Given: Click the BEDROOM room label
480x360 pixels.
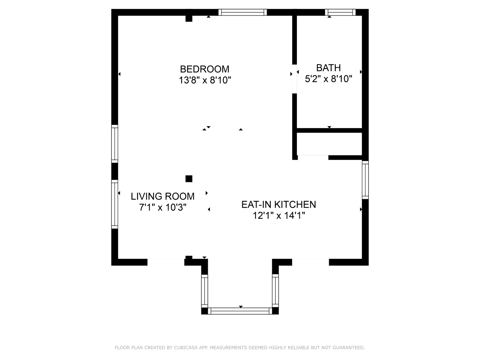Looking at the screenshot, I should (x=204, y=69).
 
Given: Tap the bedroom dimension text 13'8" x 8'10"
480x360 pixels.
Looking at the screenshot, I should (x=205, y=80).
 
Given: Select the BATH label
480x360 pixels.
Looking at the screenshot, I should (x=328, y=68).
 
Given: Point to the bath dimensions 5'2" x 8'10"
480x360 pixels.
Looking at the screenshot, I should (x=328, y=79).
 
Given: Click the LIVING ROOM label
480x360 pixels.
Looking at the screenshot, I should (x=162, y=196).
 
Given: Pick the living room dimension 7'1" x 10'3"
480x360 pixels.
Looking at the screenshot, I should (x=162, y=207).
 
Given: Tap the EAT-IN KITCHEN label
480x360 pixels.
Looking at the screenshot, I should (x=278, y=204).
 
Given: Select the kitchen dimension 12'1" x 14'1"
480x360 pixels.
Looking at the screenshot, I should (x=279, y=216).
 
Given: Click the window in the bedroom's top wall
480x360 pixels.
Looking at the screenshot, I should (x=243, y=12).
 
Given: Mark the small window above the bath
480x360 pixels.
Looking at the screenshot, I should (x=340, y=12).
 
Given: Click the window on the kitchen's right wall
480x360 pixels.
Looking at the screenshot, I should (x=365, y=180).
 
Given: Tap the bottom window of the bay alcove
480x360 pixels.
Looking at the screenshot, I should (x=240, y=311).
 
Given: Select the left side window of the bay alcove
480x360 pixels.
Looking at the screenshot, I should (x=204, y=291).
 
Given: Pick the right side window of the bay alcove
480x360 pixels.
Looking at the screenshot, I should (x=275, y=291).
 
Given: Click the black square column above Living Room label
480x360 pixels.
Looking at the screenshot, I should (x=189, y=179).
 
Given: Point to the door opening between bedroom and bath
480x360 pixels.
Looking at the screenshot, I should (x=294, y=79).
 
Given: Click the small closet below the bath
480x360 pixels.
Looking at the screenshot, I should (x=329, y=144).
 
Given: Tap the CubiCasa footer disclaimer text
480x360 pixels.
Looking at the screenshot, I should (x=240, y=348).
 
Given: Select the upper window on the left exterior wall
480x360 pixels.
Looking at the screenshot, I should (x=114, y=144).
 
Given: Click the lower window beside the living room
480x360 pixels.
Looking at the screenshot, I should (x=114, y=204).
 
